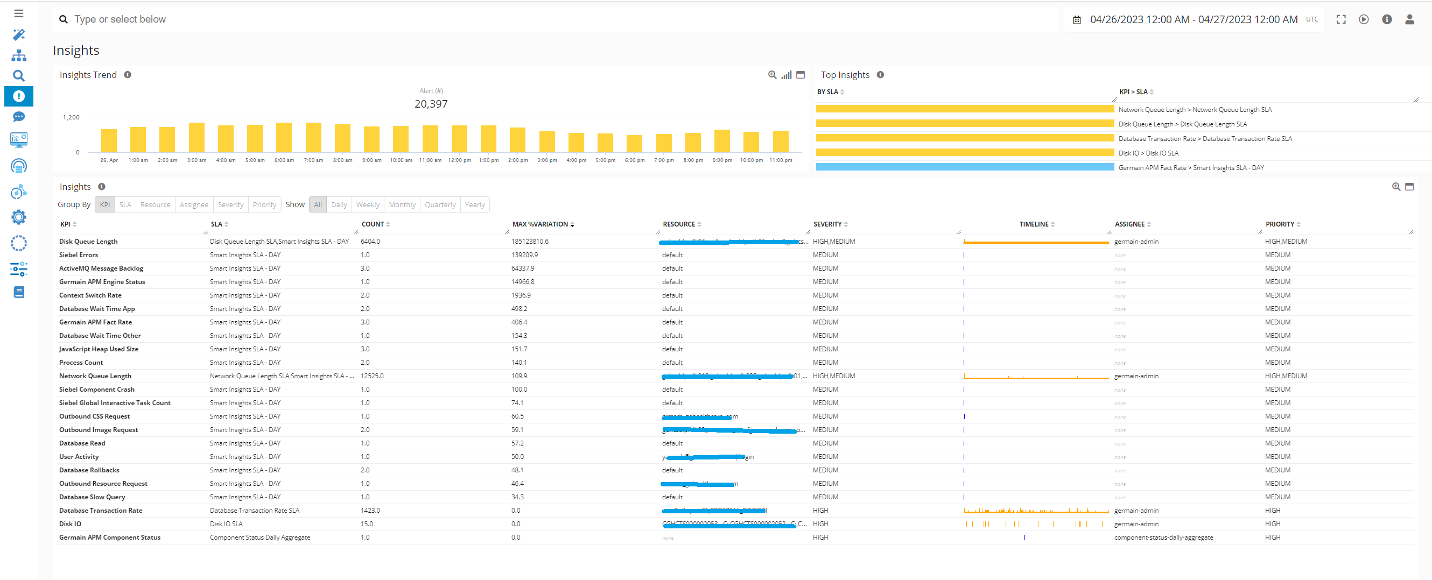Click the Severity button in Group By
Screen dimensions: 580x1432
[230, 204]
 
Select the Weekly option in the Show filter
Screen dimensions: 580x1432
[368, 204]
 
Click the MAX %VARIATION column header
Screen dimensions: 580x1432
[540, 224]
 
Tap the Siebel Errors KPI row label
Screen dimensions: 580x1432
[79, 255]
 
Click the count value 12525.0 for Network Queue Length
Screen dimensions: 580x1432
[372, 376]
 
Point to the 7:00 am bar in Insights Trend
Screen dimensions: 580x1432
[313, 137]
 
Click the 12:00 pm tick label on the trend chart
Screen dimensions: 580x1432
[459, 160]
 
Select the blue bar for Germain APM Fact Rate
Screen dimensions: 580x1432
[965, 167]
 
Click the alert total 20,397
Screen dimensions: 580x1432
[431, 104]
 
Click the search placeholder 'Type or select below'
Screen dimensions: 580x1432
[120, 19]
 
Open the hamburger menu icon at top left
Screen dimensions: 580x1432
[19, 13]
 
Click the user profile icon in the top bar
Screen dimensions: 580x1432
[1409, 19]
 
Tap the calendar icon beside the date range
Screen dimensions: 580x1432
[1076, 20]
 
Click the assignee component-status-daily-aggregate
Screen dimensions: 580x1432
[1163, 537]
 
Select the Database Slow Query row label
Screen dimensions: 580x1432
[92, 497]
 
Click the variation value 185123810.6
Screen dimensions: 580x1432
[530, 242]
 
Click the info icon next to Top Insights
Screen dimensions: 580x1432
[880, 75]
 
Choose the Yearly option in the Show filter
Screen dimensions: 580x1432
[474, 204]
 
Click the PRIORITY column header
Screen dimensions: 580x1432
[1280, 224]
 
